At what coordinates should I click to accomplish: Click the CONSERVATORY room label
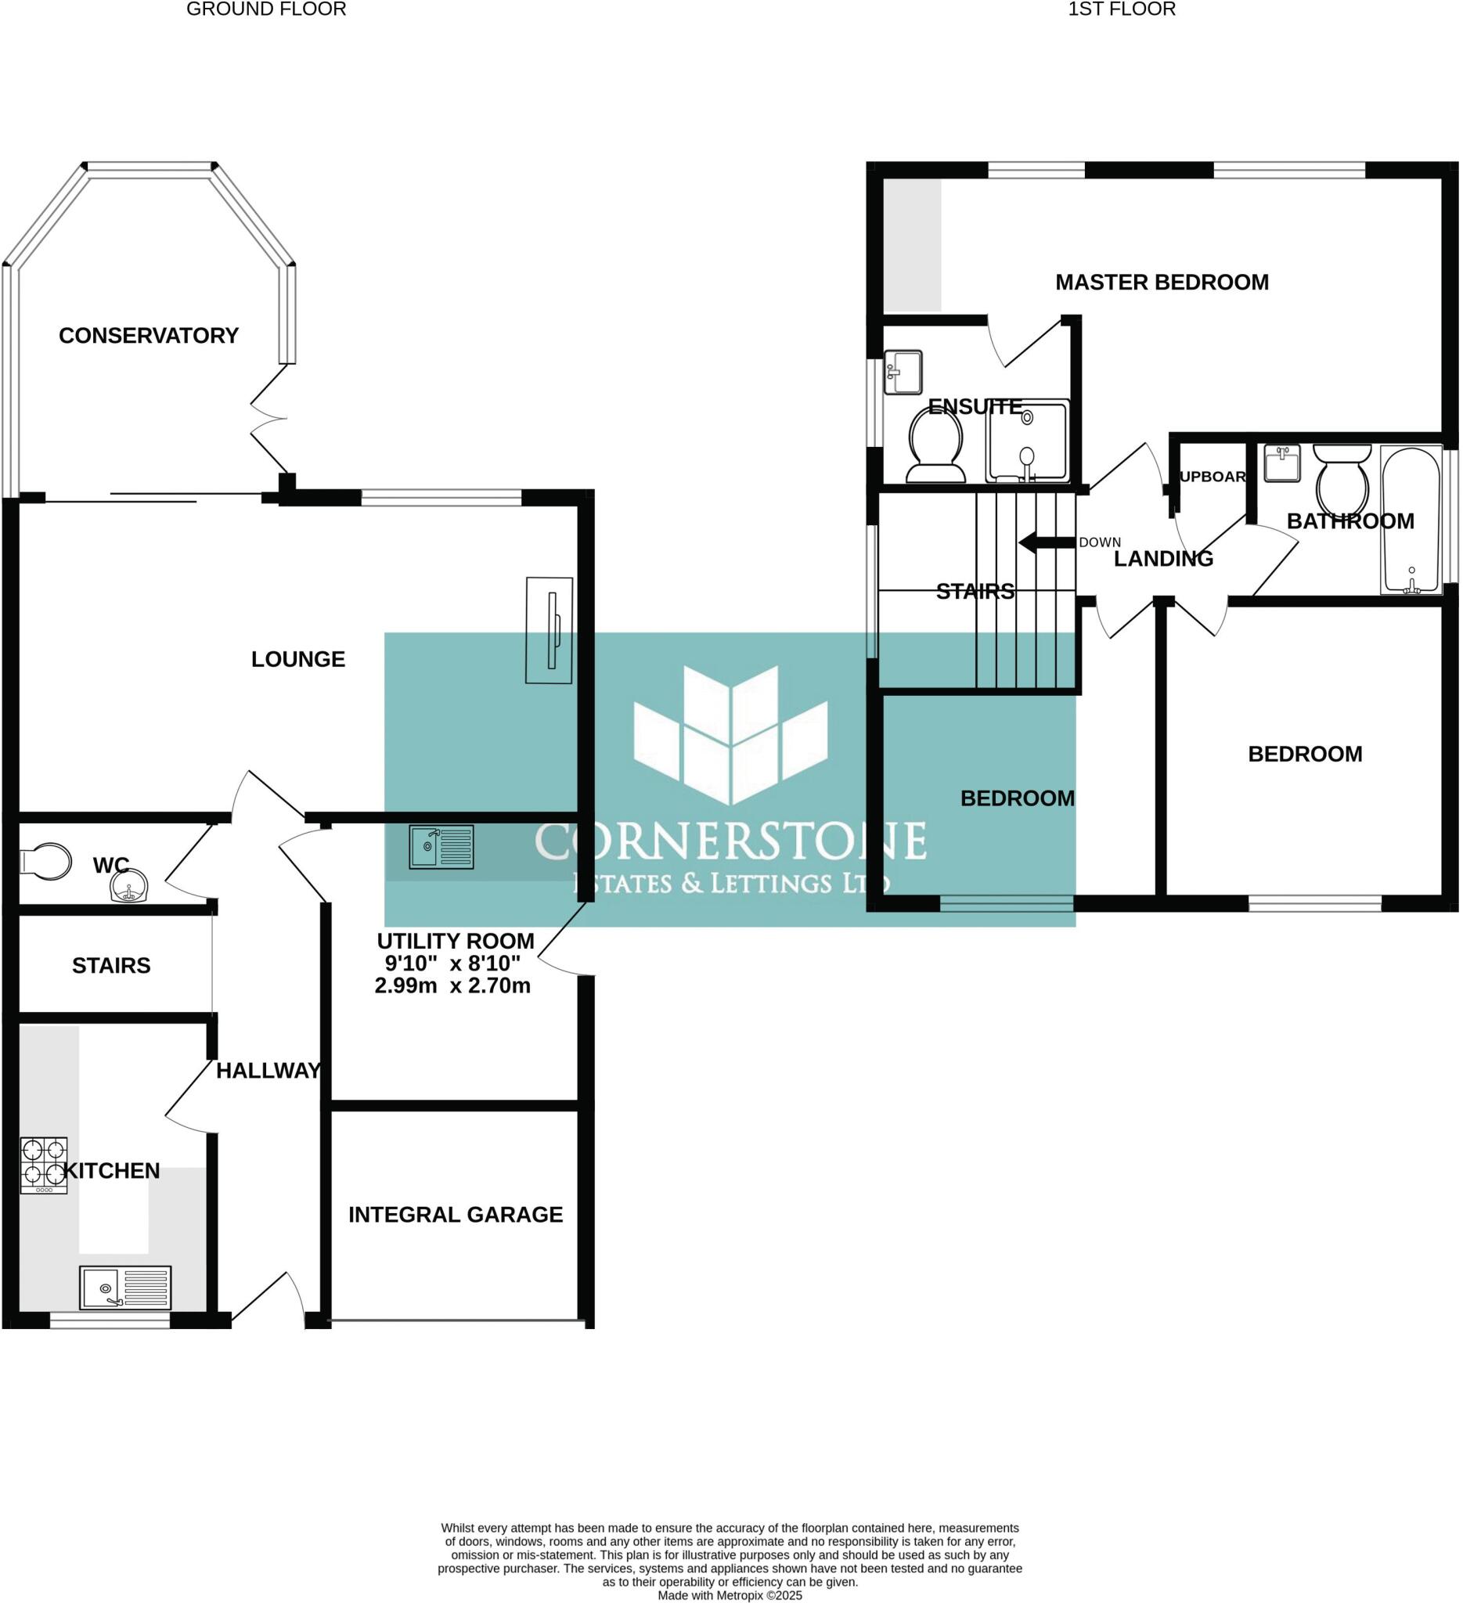(149, 336)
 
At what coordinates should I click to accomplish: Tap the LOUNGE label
(298, 659)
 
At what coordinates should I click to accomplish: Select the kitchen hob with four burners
(44, 1165)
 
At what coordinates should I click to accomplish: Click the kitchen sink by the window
(124, 1288)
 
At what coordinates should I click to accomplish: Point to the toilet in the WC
(45, 861)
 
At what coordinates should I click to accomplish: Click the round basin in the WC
(128, 887)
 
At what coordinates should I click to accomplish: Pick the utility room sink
(441, 847)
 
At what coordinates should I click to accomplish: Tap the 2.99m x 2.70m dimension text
(452, 986)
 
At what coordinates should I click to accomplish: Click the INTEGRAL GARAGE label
(456, 1214)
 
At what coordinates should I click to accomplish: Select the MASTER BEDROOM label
(1162, 283)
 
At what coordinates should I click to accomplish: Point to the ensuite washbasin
(903, 371)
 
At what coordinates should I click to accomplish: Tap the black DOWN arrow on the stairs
(1047, 543)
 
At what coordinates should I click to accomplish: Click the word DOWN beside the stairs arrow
(1100, 542)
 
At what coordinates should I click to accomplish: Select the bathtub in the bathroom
(1411, 520)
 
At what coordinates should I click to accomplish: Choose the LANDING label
(1163, 559)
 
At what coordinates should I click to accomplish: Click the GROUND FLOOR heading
(266, 9)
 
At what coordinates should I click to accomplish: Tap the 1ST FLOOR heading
(1121, 9)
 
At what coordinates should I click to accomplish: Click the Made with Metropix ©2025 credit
(730, 1595)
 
